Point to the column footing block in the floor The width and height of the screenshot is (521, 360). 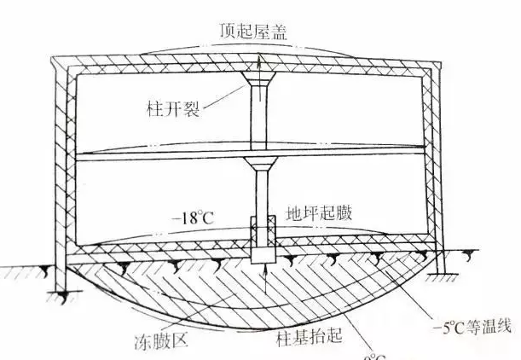(x=262, y=241)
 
